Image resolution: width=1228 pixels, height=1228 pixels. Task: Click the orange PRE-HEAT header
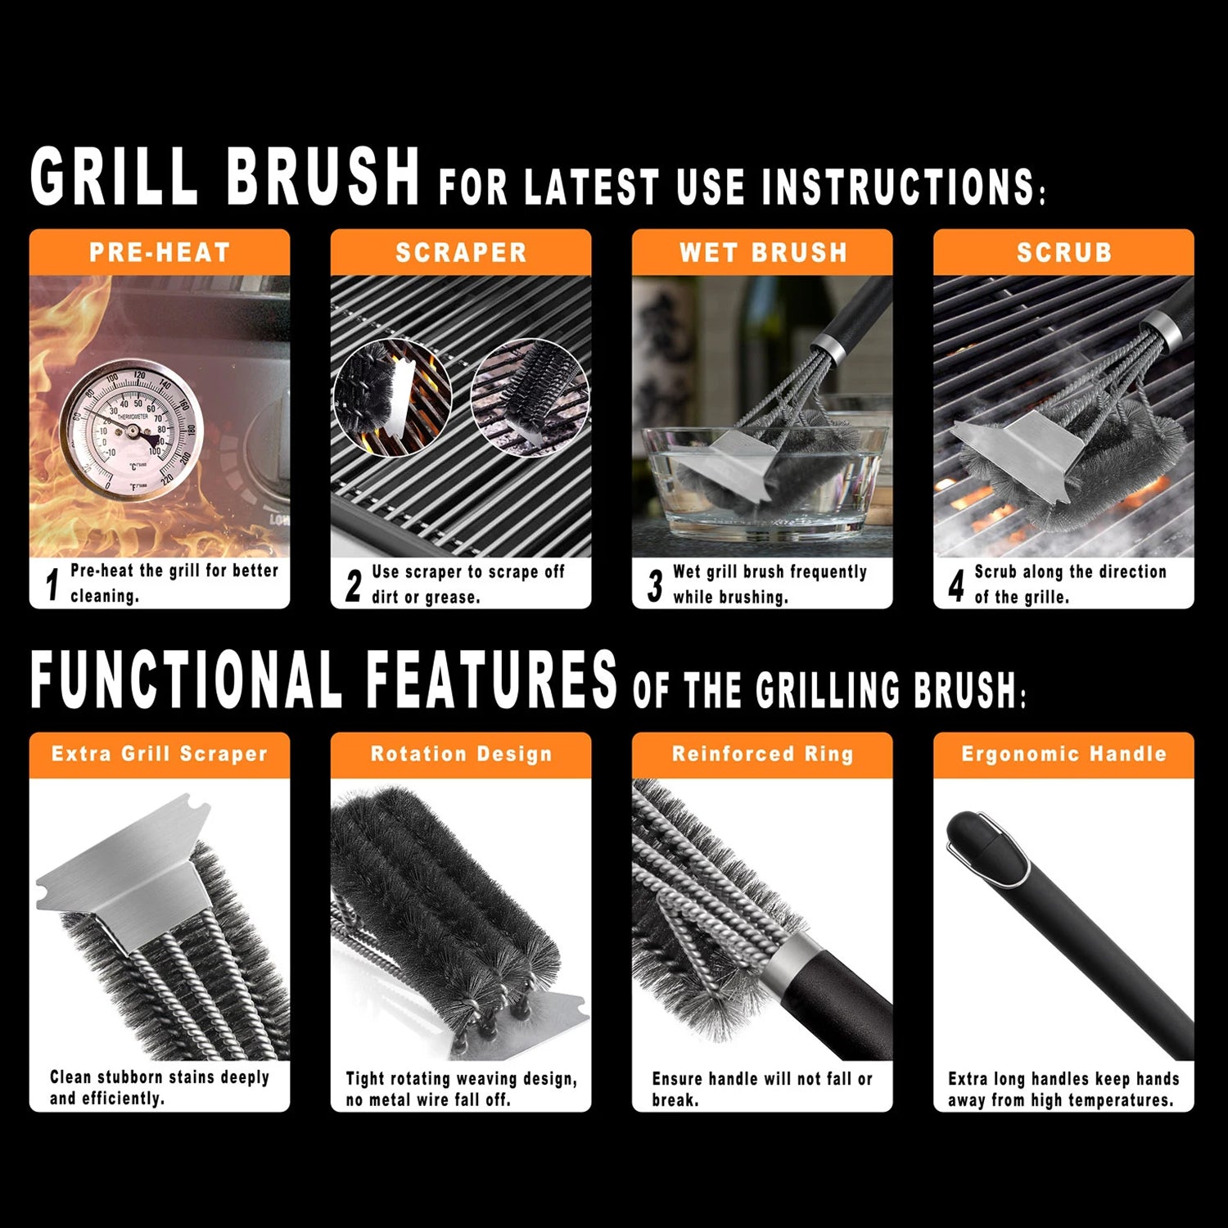(160, 252)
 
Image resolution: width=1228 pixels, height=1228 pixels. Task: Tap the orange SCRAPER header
(461, 252)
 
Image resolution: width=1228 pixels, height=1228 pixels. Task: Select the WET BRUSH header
(762, 252)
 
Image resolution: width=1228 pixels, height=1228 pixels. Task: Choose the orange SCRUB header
(1063, 252)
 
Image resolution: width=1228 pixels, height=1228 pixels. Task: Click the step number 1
(53, 585)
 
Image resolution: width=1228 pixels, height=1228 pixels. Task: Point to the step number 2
(354, 585)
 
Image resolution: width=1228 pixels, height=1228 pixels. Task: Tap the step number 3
(655, 585)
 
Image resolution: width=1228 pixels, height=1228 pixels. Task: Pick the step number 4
(956, 585)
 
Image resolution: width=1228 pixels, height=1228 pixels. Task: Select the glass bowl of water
(765, 479)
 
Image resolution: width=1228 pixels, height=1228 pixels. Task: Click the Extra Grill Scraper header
(160, 754)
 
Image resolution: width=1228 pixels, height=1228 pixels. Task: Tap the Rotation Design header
(461, 754)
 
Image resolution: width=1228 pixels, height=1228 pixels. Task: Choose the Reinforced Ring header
(762, 754)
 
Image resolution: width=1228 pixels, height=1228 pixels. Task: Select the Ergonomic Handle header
(1063, 754)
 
